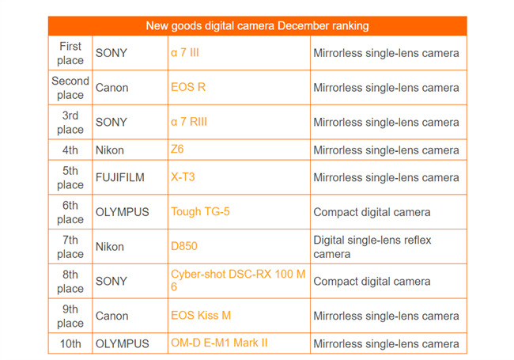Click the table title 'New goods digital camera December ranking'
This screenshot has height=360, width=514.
pyautogui.click(x=257, y=26)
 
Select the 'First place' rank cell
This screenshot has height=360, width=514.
pyautogui.click(x=70, y=53)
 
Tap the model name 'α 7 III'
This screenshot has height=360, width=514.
pyautogui.click(x=185, y=53)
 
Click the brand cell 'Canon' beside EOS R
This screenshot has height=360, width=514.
pyautogui.click(x=111, y=88)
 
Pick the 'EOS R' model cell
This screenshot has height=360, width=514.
pyautogui.click(x=188, y=88)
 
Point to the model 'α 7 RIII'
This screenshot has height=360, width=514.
pyautogui.click(x=189, y=122)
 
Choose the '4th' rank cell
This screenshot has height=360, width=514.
pyautogui.click(x=70, y=150)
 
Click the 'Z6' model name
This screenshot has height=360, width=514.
pyautogui.click(x=177, y=150)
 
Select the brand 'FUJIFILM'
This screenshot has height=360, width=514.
pyautogui.click(x=120, y=177)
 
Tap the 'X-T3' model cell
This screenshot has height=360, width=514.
pyautogui.click(x=183, y=177)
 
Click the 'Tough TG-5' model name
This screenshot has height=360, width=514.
pyautogui.click(x=200, y=212)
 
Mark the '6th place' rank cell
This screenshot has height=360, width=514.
pyautogui.click(x=70, y=212)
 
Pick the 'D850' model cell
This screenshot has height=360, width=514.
pyautogui.click(x=184, y=247)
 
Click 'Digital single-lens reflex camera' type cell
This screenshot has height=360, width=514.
pyautogui.click(x=372, y=247)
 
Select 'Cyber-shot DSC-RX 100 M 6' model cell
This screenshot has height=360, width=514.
pyautogui.click(x=238, y=281)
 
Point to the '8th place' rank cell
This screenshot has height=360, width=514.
pyautogui.click(x=70, y=281)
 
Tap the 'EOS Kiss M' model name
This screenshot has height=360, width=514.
pyautogui.click(x=201, y=316)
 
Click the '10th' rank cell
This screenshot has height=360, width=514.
pyautogui.click(x=70, y=344)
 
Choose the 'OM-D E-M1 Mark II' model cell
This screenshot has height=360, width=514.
pyautogui.click(x=219, y=343)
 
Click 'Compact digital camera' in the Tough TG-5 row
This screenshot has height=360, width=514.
pyautogui.click(x=372, y=212)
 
